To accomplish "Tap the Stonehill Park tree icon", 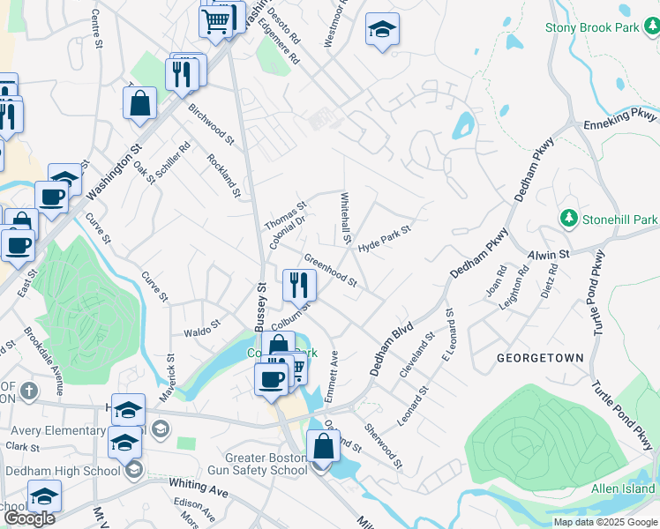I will tap(568, 218).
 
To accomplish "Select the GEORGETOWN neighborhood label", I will tap(540, 358).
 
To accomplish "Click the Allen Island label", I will tap(623, 488).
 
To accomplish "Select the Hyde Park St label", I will tap(386, 238).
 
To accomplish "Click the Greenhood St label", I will tap(330, 271).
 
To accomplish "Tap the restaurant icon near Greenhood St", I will tap(299, 284).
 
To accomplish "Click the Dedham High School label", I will tap(63, 471).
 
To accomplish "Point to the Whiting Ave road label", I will tap(199, 488).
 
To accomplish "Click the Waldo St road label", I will tap(201, 332).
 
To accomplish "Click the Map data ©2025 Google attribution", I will tap(604, 522).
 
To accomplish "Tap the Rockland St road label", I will tap(222, 174).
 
